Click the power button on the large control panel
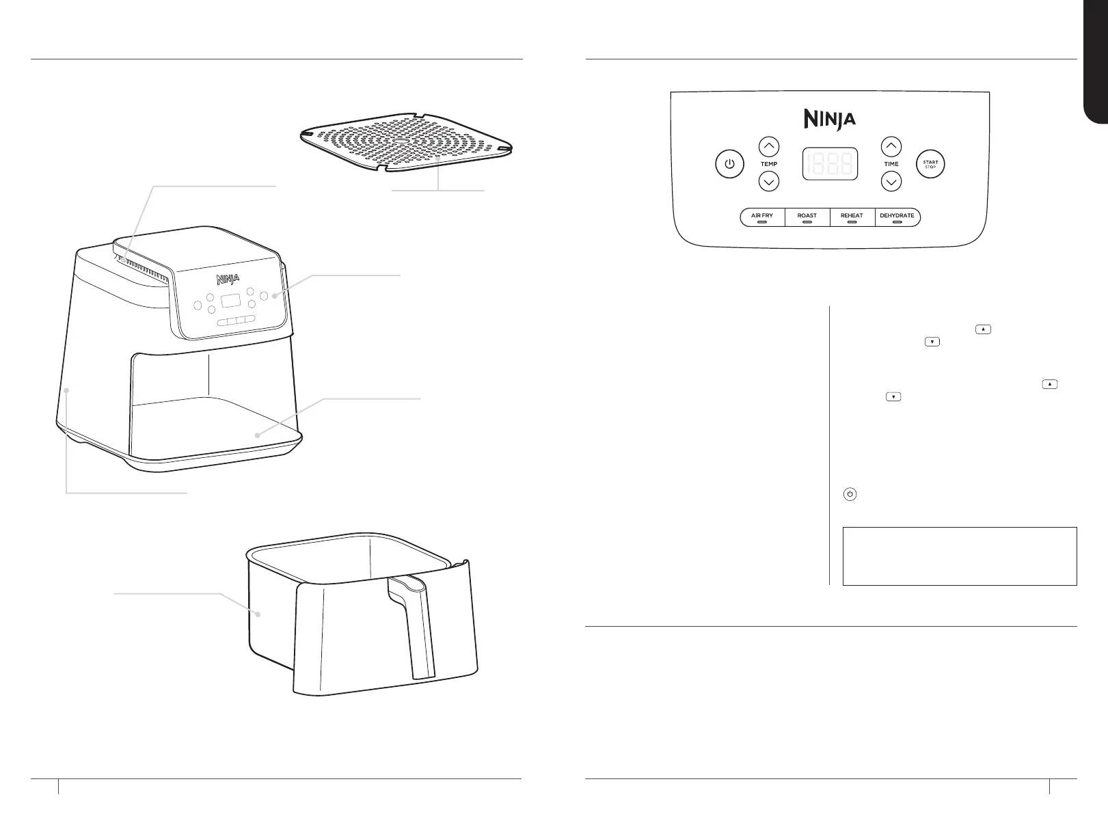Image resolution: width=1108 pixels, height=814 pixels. pyautogui.click(x=729, y=165)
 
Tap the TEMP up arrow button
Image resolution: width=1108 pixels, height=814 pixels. pyautogui.click(x=769, y=146)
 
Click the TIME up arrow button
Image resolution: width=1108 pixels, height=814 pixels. pyautogui.click(x=891, y=146)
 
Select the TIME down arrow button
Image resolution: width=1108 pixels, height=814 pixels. pyautogui.click(x=891, y=182)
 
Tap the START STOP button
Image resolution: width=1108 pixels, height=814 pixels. pyautogui.click(x=930, y=165)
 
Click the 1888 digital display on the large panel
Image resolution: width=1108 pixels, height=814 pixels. pyautogui.click(x=830, y=164)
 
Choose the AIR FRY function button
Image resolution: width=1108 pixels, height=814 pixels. pyautogui.click(x=762, y=217)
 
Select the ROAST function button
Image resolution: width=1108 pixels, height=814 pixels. pyautogui.click(x=807, y=217)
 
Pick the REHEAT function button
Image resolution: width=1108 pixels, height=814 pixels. pyautogui.click(x=852, y=217)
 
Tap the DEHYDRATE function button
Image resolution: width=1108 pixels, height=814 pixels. pyautogui.click(x=897, y=217)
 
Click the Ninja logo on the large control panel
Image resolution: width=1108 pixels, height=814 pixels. pyautogui.click(x=829, y=120)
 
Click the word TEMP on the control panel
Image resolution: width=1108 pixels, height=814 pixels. pyautogui.click(x=769, y=164)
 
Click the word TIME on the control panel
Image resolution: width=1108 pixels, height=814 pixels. pyautogui.click(x=891, y=164)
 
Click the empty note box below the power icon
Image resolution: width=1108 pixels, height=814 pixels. pyautogui.click(x=960, y=556)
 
